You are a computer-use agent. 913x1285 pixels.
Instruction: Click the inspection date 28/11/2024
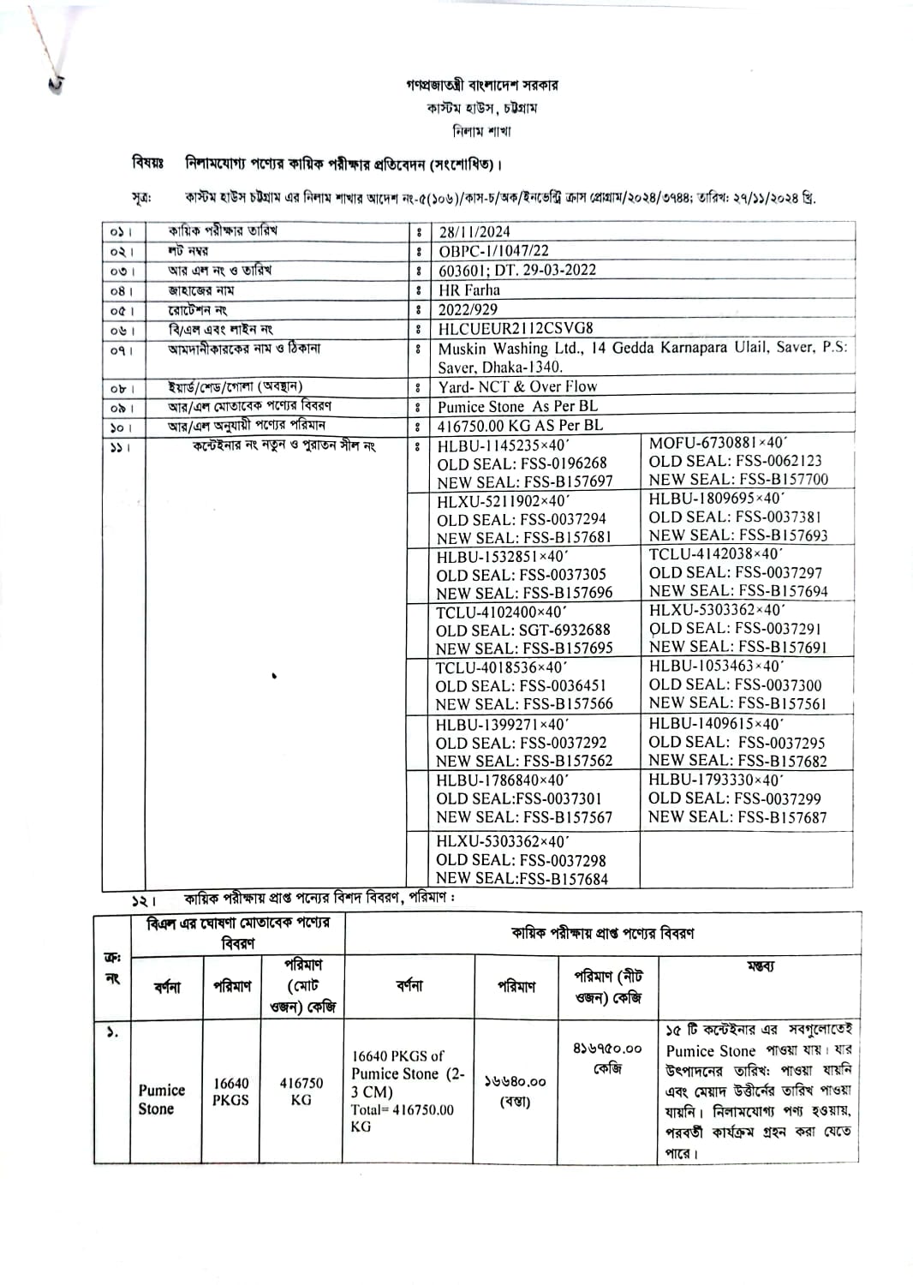click(x=474, y=231)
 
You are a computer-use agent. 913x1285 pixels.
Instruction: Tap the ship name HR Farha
click(x=468, y=290)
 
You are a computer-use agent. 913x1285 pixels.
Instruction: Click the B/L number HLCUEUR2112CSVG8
click(x=516, y=329)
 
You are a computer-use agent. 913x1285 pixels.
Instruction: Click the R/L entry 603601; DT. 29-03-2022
click(x=517, y=271)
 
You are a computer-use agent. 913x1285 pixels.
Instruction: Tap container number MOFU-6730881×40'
click(x=717, y=443)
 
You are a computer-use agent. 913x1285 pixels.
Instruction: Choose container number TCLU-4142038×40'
click(x=715, y=554)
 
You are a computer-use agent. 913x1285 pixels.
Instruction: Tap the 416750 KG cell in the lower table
click(x=301, y=1091)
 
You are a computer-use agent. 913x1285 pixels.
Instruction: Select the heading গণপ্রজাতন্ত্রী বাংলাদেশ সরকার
click(x=482, y=86)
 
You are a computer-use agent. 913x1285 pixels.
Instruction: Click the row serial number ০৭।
click(x=122, y=350)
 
